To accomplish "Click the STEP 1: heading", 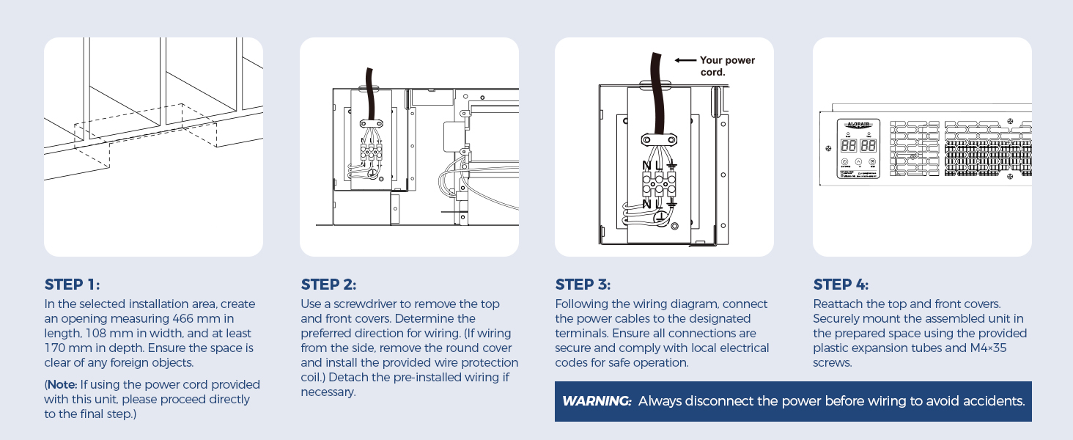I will (73, 285).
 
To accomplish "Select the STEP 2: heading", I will (328, 285).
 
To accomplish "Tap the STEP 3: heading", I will (583, 285).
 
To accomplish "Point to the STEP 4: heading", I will (841, 285).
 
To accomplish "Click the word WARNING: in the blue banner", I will (597, 401).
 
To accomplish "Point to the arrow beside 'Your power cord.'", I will (685, 61).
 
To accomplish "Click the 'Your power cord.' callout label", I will (726, 66).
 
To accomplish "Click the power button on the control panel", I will (844, 162).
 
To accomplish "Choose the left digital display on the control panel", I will (849, 145).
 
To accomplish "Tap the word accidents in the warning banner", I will (994, 401).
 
